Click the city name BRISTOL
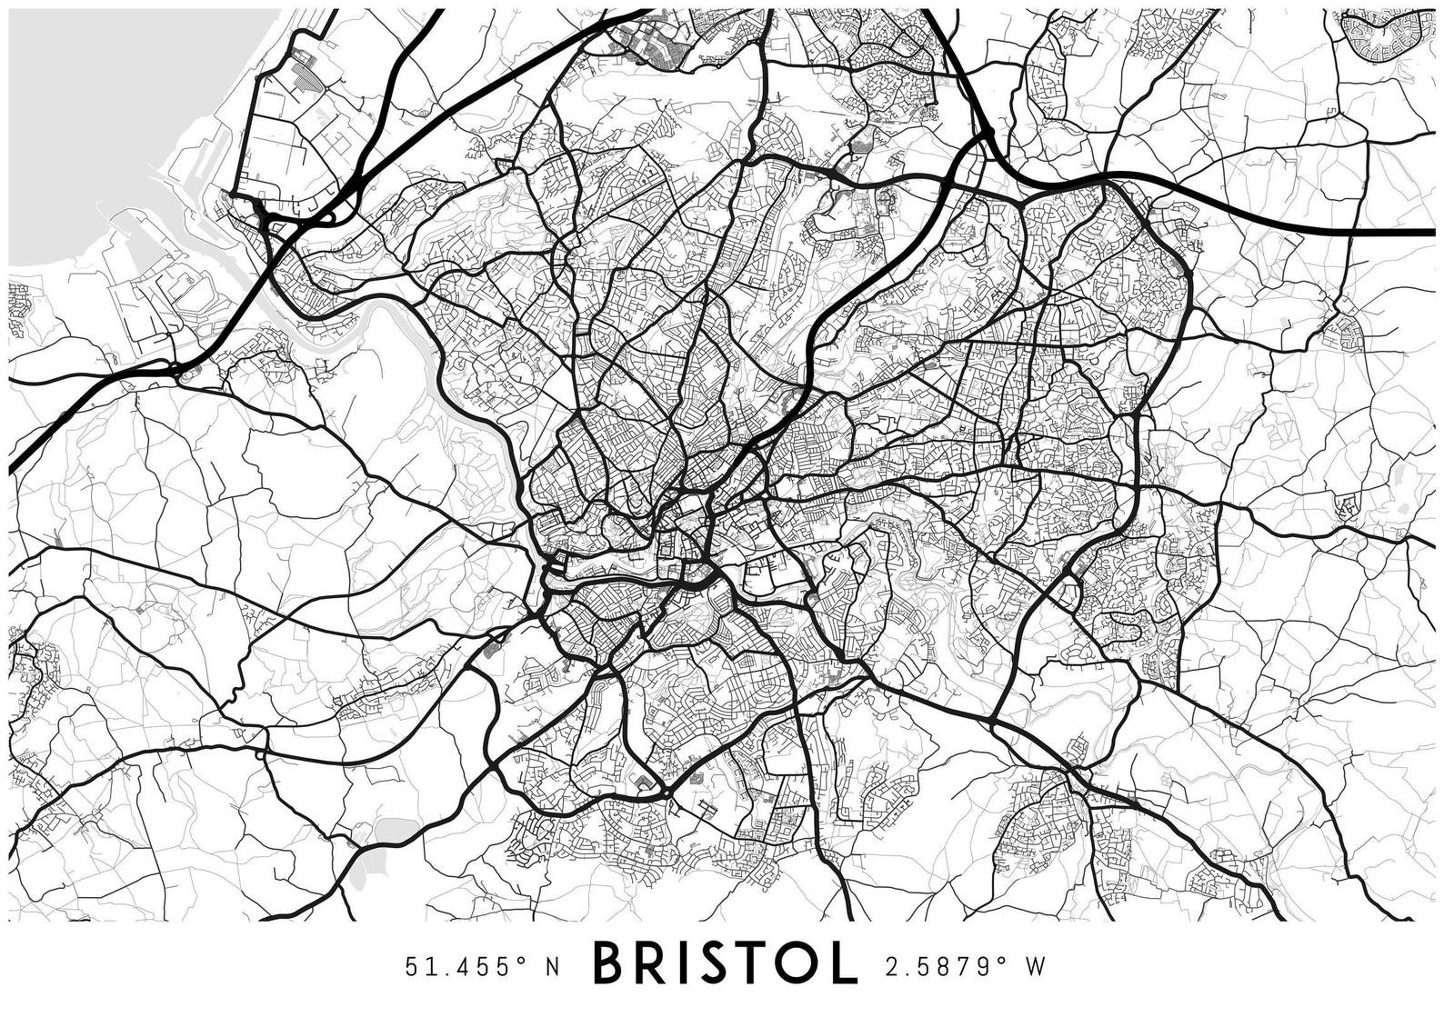pos(725,963)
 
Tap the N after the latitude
pos(551,965)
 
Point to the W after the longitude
pos(1035,965)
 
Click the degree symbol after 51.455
pos(525,958)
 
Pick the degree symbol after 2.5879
pos(1005,958)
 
